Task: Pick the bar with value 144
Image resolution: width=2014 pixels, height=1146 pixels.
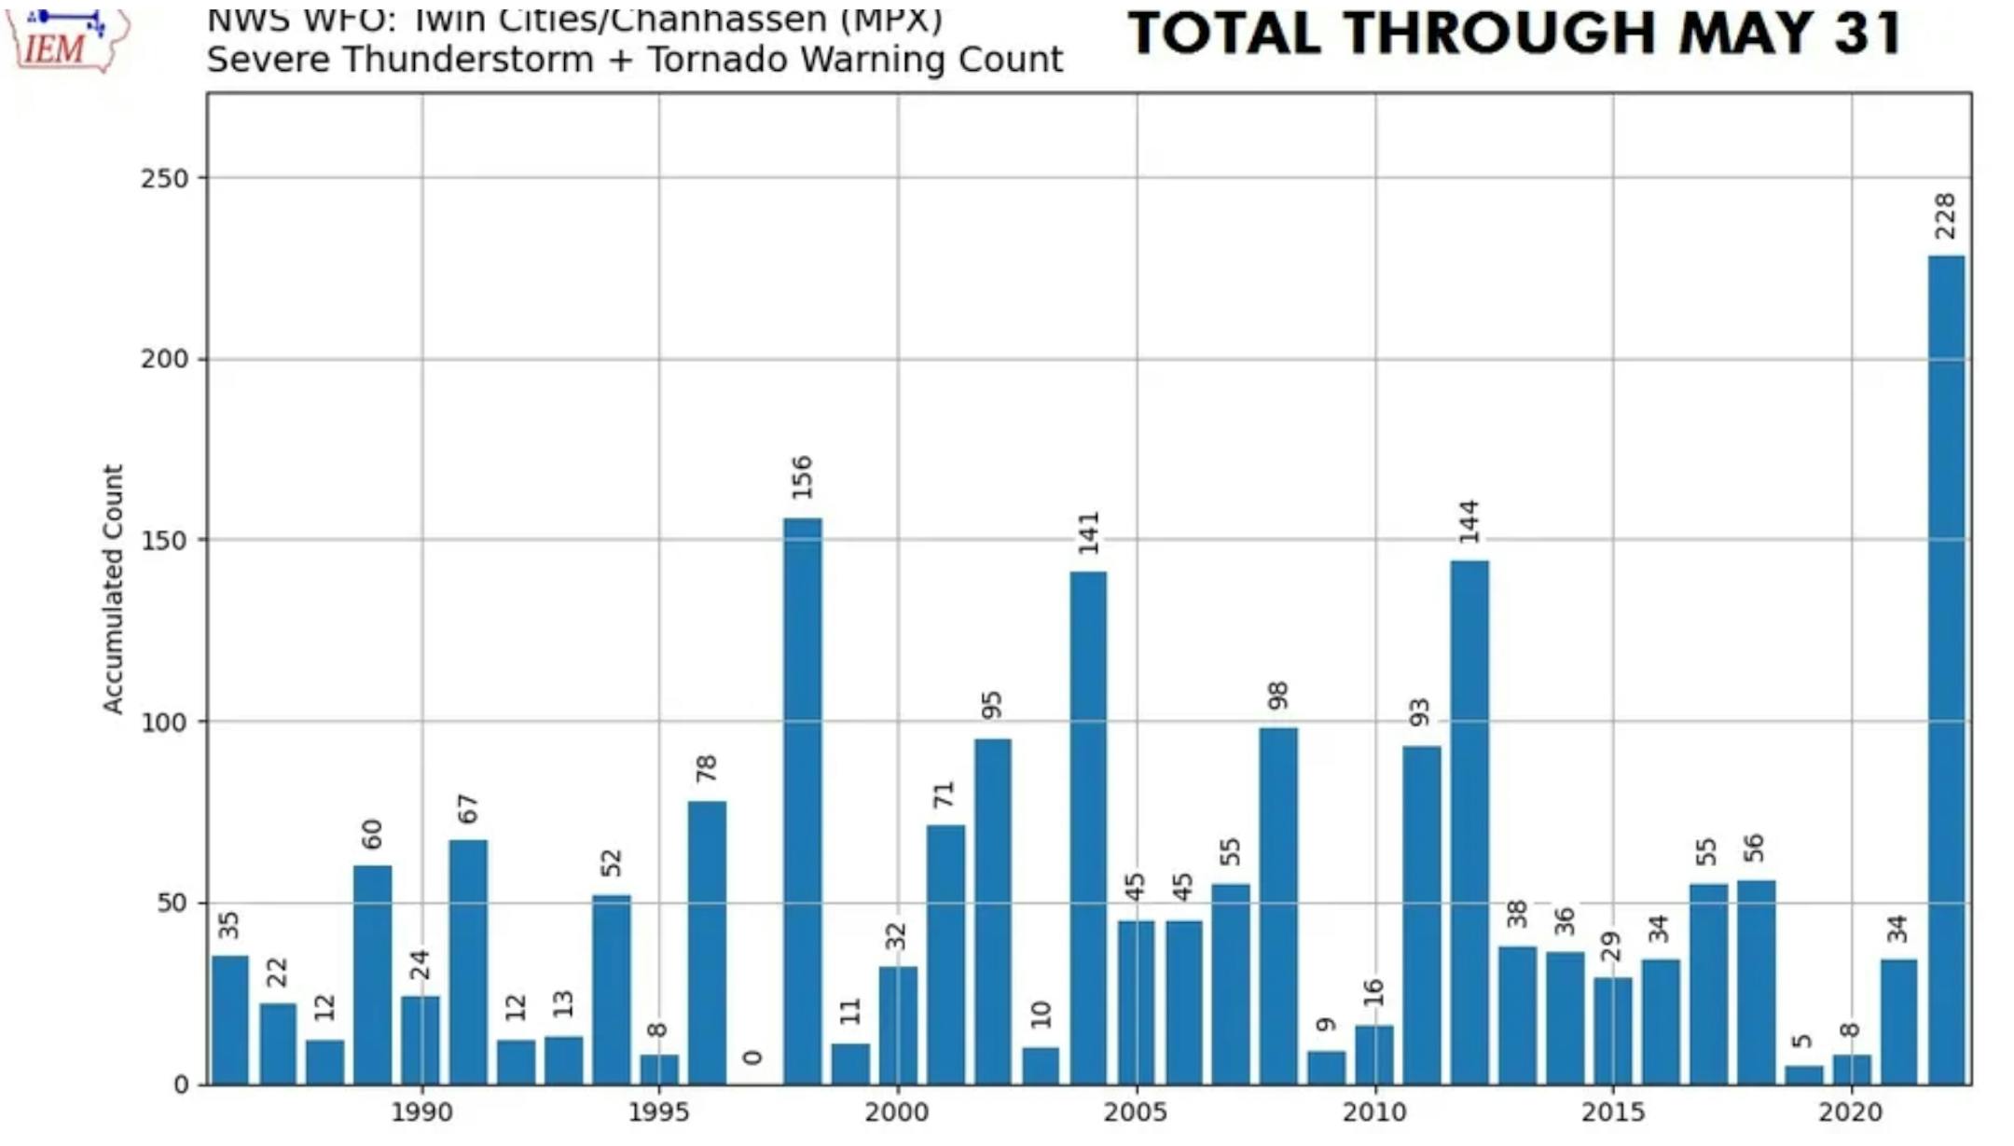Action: point(1469,822)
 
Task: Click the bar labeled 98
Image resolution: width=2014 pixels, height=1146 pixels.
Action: point(1278,905)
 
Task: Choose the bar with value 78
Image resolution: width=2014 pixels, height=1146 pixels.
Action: point(707,942)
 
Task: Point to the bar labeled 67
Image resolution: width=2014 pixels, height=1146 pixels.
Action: point(468,961)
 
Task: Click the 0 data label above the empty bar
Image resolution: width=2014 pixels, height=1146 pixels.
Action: point(753,1057)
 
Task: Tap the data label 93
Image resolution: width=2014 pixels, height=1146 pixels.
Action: point(1420,712)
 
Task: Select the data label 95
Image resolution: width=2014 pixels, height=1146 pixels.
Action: point(992,705)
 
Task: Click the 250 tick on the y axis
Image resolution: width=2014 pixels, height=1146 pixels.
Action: point(164,178)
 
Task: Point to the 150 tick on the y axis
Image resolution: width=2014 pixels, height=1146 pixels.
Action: point(164,541)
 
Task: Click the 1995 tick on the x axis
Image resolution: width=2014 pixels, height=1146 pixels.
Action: point(658,1112)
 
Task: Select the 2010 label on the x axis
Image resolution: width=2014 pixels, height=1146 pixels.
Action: point(1373,1112)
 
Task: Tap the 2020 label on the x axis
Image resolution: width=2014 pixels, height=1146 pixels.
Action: point(1851,1112)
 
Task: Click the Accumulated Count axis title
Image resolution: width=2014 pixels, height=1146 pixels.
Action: point(113,590)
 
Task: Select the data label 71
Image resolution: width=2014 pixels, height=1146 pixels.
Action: point(945,794)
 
